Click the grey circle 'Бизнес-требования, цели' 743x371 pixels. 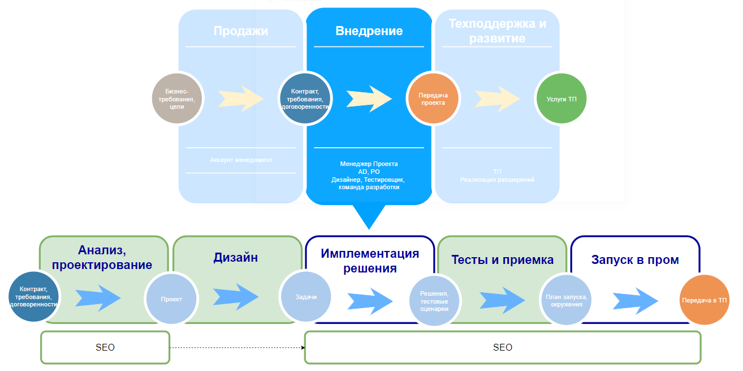point(177,99)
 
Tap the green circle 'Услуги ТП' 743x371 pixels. point(561,99)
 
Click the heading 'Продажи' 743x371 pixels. point(240,31)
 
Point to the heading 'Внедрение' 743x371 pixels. point(369,31)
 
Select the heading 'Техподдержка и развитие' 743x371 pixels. point(497,31)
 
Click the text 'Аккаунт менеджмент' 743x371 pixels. point(241,160)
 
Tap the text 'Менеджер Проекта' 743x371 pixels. point(369,164)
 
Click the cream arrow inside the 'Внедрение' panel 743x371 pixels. point(369,99)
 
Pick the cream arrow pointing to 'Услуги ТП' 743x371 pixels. point(497,99)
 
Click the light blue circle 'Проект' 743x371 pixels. point(171,298)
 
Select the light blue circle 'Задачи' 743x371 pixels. point(306,296)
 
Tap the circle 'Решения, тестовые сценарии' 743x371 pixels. point(434,301)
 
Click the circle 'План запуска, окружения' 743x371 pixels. point(567,301)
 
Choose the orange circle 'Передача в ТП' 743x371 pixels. point(704,300)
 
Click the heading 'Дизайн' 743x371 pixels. point(236,258)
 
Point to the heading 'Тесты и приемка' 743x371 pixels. point(502,260)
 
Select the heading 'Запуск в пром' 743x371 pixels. point(635,260)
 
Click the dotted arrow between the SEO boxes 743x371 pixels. point(237,347)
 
